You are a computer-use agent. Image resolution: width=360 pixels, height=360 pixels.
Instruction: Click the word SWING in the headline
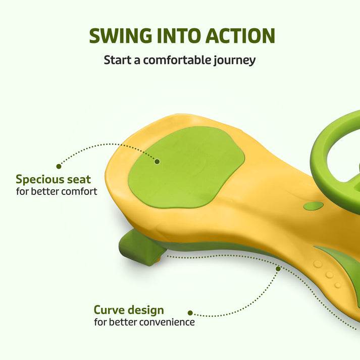tap(121, 35)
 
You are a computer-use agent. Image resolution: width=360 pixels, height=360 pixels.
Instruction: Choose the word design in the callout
tap(146, 311)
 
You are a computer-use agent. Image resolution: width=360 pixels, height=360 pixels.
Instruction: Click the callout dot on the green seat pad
tap(157, 162)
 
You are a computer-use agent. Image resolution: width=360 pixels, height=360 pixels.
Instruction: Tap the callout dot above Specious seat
tap(59, 166)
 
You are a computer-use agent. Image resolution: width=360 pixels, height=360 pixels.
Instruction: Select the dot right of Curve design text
tap(190, 313)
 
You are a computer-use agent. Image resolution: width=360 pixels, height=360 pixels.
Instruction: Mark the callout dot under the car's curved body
tap(278, 269)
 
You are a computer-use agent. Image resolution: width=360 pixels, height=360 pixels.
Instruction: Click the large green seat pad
tap(186, 167)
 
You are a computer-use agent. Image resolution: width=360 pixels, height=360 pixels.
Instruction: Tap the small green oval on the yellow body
tap(314, 205)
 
